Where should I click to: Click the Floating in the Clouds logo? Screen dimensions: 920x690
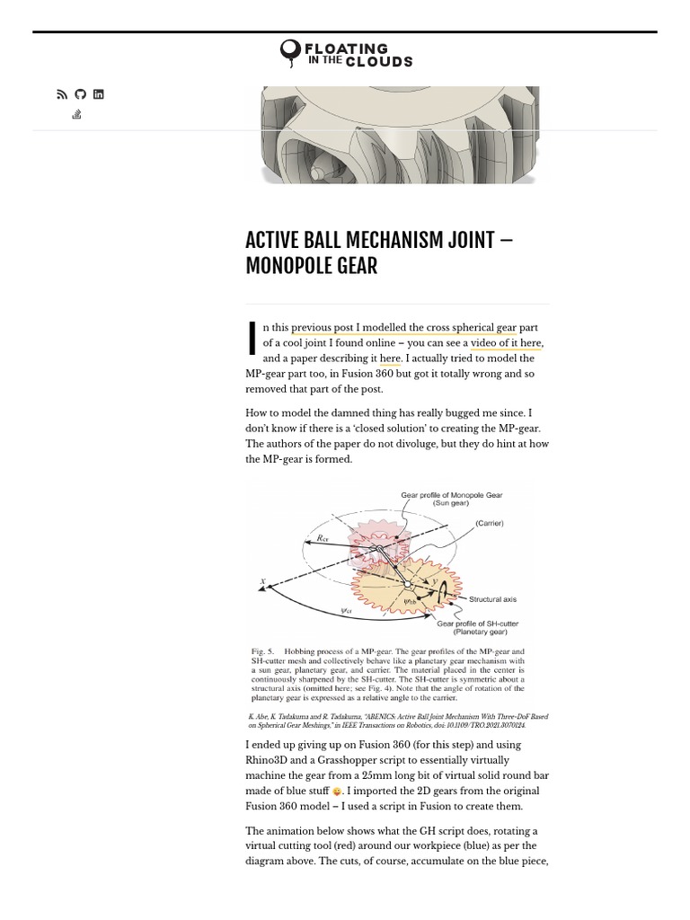pos(346,54)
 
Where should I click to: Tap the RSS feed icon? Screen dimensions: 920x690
pos(62,94)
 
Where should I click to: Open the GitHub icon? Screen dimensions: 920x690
pos(80,94)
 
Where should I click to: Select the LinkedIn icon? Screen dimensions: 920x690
pos(98,94)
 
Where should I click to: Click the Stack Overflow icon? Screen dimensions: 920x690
pos(76,114)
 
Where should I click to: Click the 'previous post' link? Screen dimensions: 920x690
pos(322,328)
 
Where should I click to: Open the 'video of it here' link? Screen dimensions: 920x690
pos(506,343)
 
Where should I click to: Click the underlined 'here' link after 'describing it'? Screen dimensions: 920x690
pos(390,358)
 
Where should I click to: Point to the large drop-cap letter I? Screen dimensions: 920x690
pos(252,338)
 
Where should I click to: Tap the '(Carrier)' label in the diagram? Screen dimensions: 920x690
pos(489,523)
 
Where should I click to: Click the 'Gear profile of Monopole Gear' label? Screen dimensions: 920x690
pos(451,495)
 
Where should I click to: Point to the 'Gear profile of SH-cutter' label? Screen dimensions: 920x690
pos(477,624)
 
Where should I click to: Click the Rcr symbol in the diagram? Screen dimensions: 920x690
pos(323,538)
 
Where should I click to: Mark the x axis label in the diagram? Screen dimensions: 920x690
pos(263,582)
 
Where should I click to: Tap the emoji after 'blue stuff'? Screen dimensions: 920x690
pos(337,792)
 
